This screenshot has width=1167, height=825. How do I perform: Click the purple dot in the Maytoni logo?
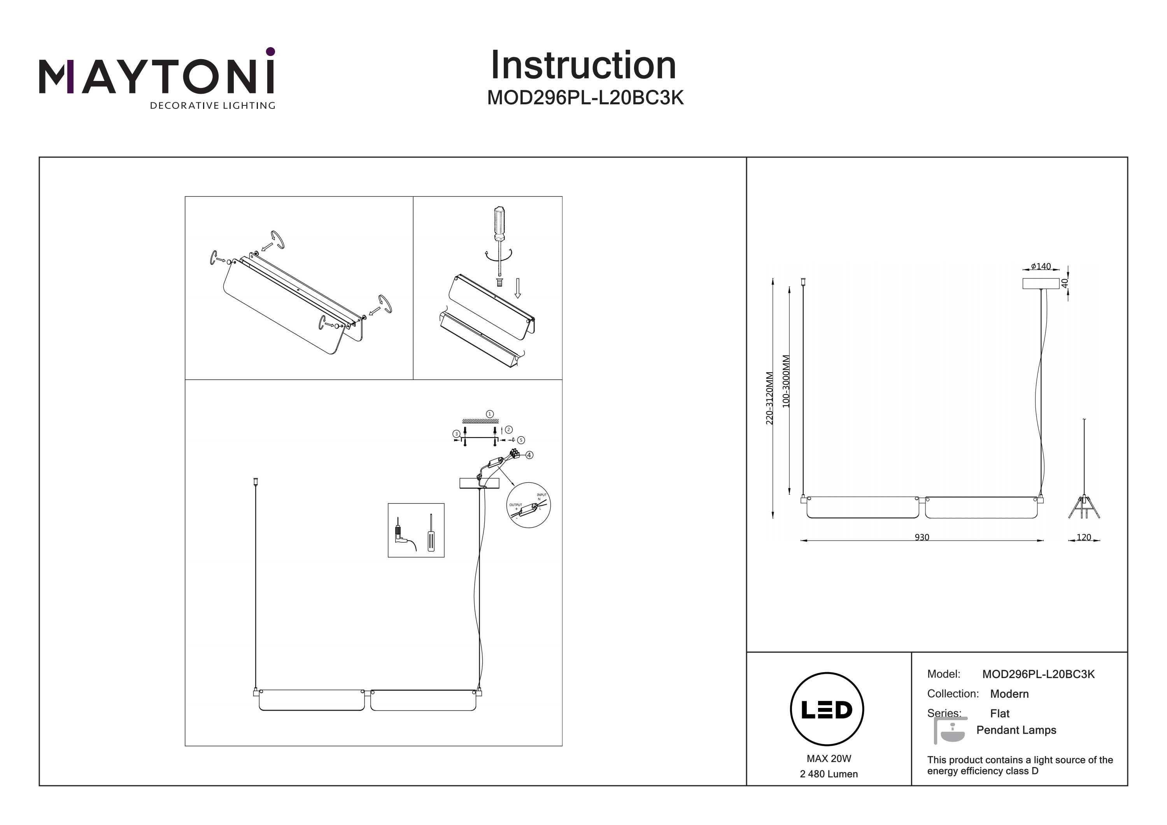tap(270, 51)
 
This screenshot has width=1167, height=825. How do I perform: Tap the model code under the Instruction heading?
tap(585, 98)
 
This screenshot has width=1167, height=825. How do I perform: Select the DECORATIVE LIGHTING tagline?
tap(212, 106)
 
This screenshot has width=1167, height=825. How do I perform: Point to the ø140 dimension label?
tap(1041, 266)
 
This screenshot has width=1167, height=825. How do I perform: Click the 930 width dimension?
tap(922, 537)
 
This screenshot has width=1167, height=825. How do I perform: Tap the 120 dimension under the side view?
tap(1084, 537)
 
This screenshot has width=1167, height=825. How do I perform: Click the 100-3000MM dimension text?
tap(786, 381)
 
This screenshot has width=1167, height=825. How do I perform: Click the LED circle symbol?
tap(827, 709)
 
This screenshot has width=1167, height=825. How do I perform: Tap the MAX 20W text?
tap(829, 758)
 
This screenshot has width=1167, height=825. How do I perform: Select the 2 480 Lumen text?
tap(829, 774)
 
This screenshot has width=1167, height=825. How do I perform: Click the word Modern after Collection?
tap(1009, 694)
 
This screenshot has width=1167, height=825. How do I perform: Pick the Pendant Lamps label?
tap(1016, 730)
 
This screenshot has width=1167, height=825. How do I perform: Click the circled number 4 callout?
tap(529, 455)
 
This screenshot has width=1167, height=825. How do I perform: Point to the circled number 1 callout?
tap(490, 414)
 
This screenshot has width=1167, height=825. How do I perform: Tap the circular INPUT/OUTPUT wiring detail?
tap(529, 505)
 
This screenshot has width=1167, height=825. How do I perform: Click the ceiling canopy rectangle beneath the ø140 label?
tap(1041, 284)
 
